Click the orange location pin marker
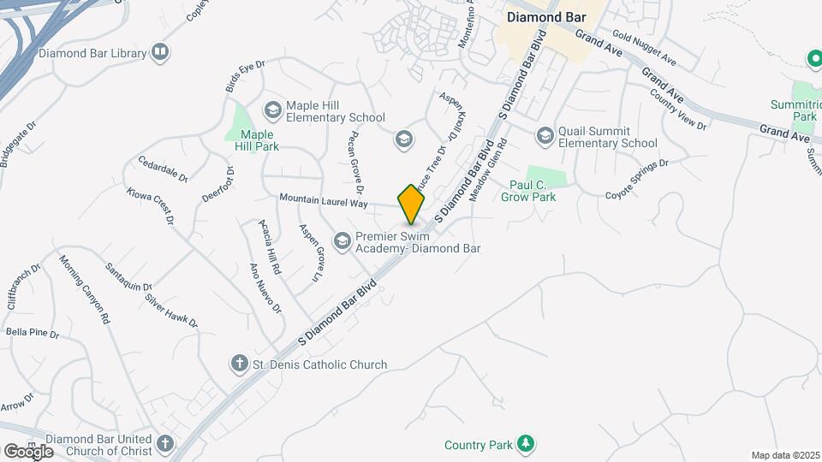(412, 204)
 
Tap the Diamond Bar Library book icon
(159, 53)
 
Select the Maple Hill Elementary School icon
(272, 109)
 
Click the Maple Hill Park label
(257, 140)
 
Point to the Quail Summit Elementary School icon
(545, 135)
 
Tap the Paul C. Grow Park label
(545, 191)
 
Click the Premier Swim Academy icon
(342, 241)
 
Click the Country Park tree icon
(527, 444)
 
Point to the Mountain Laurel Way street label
(323, 202)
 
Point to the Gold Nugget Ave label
(645, 50)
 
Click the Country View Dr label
(678, 110)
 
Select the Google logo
(28, 451)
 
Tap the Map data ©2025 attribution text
(784, 455)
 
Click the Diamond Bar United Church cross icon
(165, 444)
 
